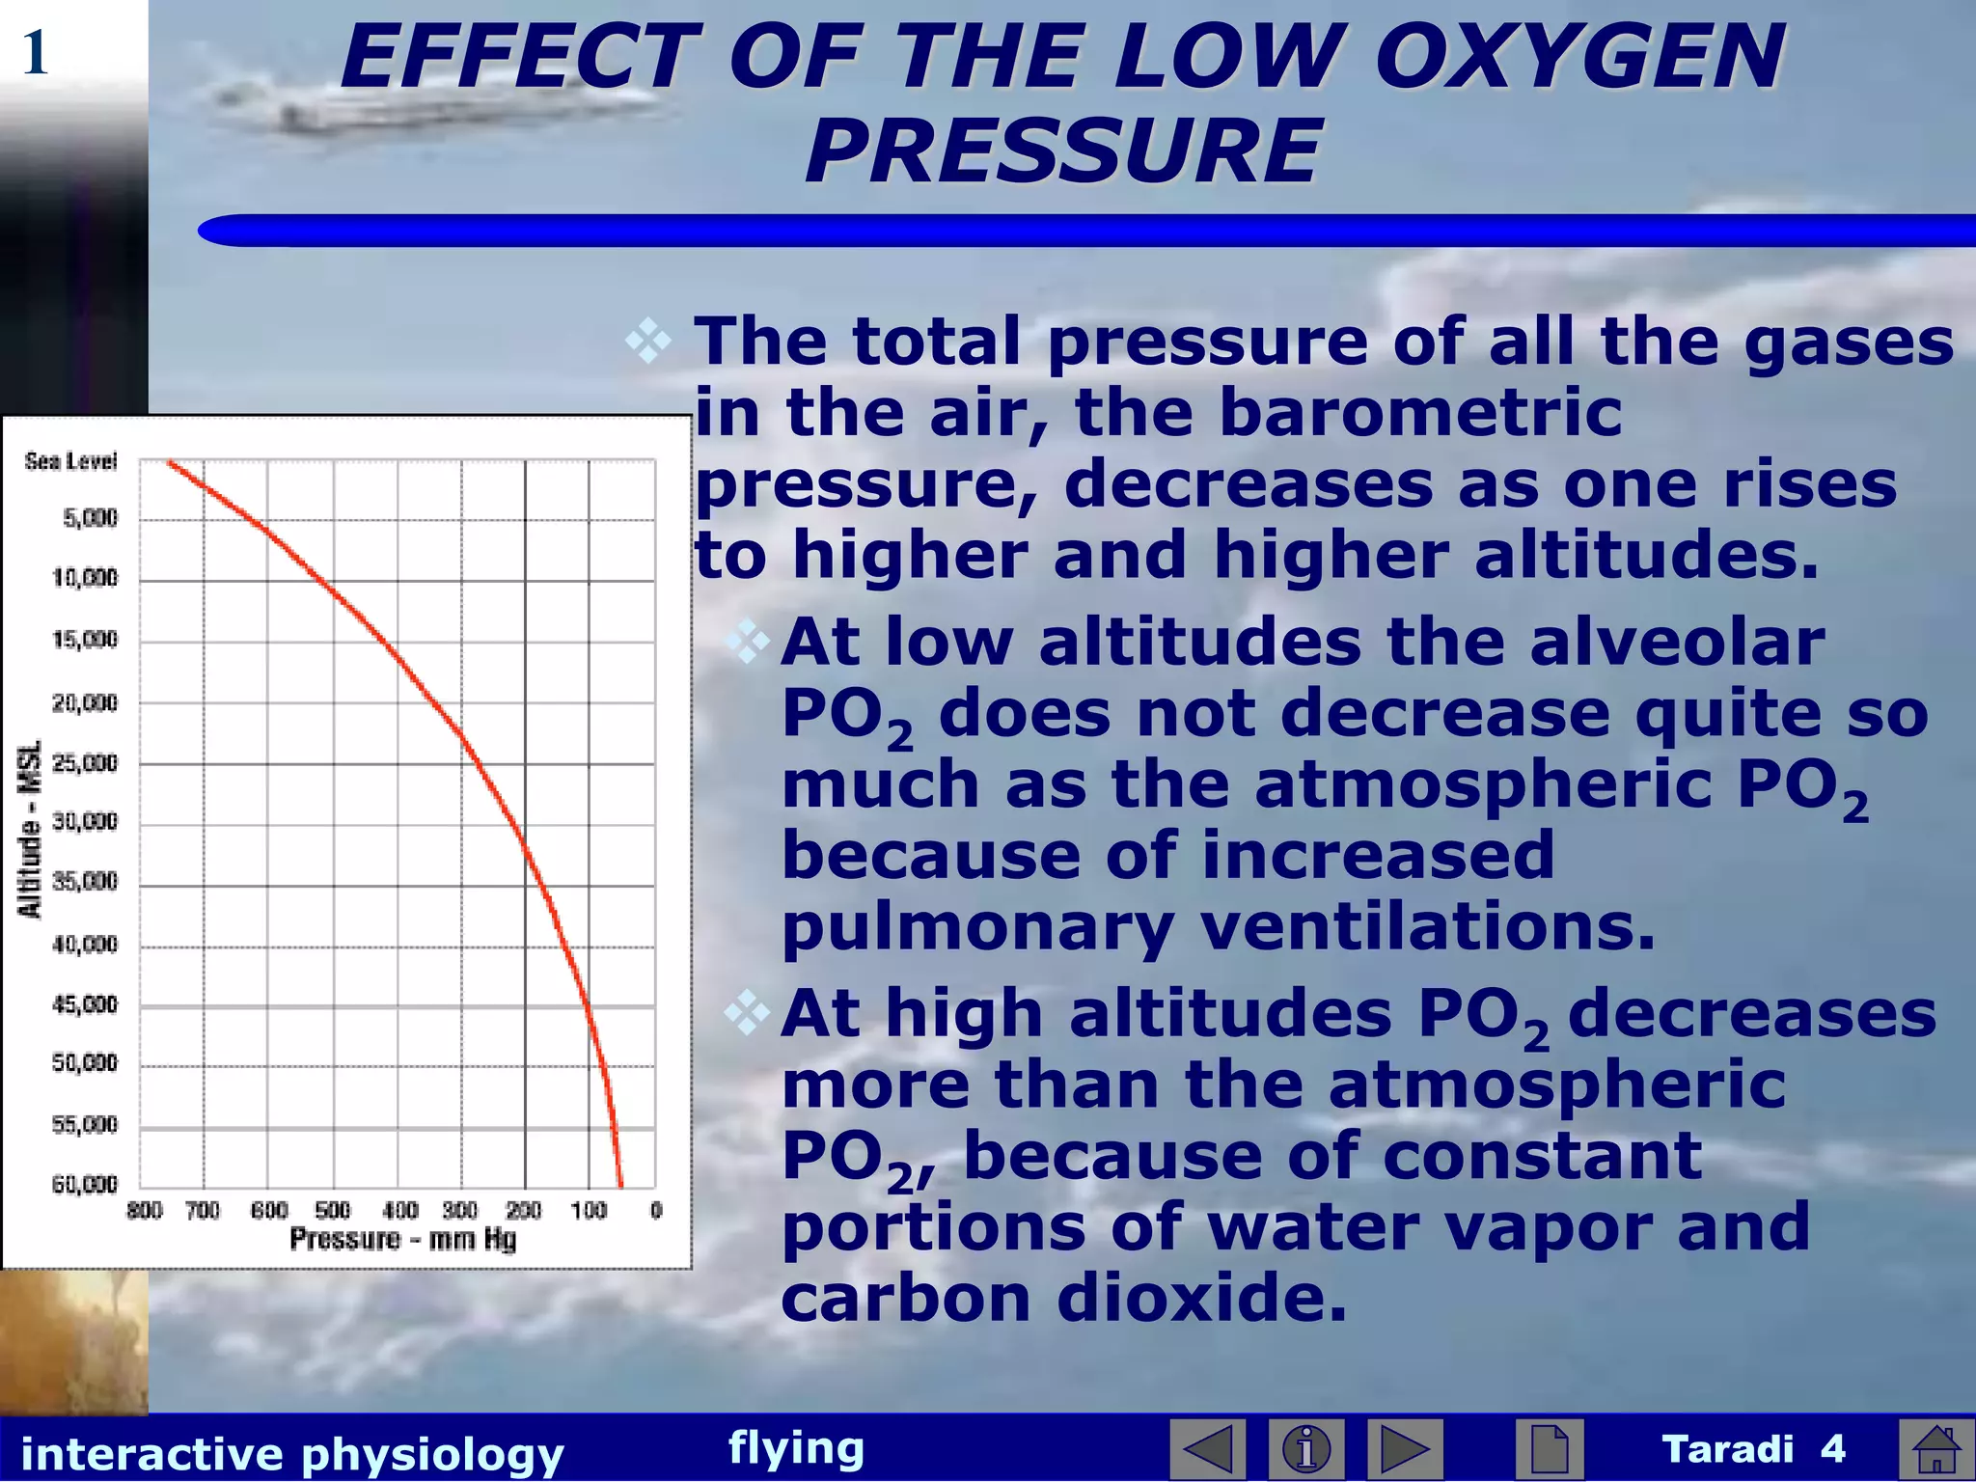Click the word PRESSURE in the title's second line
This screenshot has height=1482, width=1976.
click(1061, 151)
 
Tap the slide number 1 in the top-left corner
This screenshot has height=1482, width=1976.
click(35, 53)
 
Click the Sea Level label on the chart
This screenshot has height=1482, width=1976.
click(70, 461)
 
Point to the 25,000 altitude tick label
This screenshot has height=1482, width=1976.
click(85, 763)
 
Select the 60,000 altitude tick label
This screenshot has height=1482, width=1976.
click(85, 1184)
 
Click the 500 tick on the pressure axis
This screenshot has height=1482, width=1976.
click(333, 1210)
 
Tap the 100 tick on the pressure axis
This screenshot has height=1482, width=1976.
click(589, 1210)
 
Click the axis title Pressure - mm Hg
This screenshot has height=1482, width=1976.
click(402, 1239)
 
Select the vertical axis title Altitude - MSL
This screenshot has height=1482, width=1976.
click(31, 829)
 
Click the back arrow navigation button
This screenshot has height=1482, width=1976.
click(1207, 1449)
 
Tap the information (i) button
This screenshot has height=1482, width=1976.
click(1306, 1449)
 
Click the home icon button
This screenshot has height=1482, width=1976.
click(1935, 1449)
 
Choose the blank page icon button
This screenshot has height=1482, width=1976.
click(1549, 1449)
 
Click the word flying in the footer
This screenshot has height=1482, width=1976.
click(796, 1447)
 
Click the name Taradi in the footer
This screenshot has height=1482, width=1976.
click(1727, 1449)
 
